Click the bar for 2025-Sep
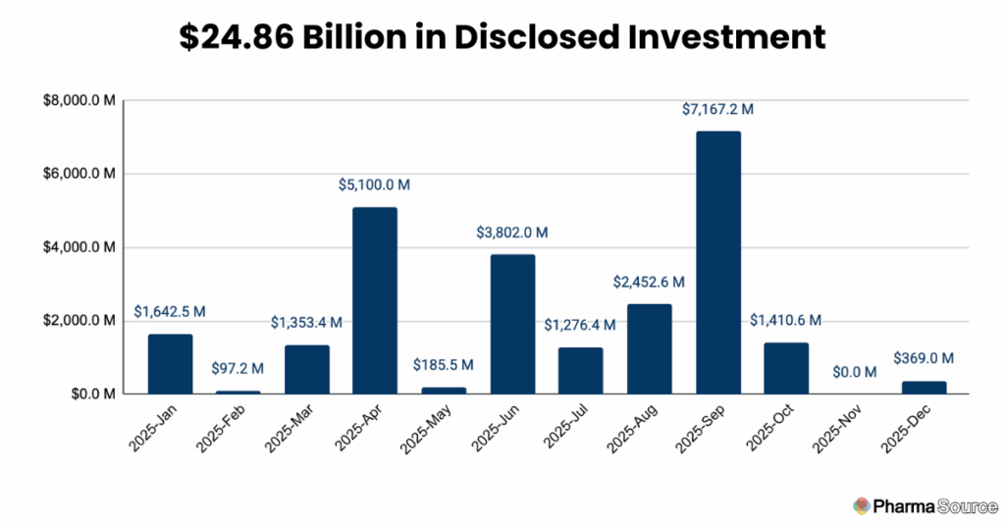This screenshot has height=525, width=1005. tap(718, 262)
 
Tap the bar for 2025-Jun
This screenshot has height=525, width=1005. tap(512, 324)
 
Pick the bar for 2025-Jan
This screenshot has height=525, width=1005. tap(171, 364)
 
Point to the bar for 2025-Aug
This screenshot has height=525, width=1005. tap(650, 348)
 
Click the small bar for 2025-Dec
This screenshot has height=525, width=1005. tap(924, 388)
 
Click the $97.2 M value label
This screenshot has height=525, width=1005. tap(238, 369)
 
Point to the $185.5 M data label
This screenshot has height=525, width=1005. tap(445, 365)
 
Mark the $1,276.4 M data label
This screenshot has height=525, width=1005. tap(581, 325)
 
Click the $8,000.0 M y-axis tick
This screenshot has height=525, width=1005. tap(78, 100)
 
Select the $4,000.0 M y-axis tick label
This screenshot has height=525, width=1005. tap(78, 247)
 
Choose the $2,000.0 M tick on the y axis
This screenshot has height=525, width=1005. tap(78, 321)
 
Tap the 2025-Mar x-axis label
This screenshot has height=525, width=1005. tap(291, 429)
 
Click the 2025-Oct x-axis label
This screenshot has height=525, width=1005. tap(770, 429)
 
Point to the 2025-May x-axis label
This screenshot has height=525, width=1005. tap(427, 429)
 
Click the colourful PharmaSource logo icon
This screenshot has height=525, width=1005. tap(862, 504)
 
